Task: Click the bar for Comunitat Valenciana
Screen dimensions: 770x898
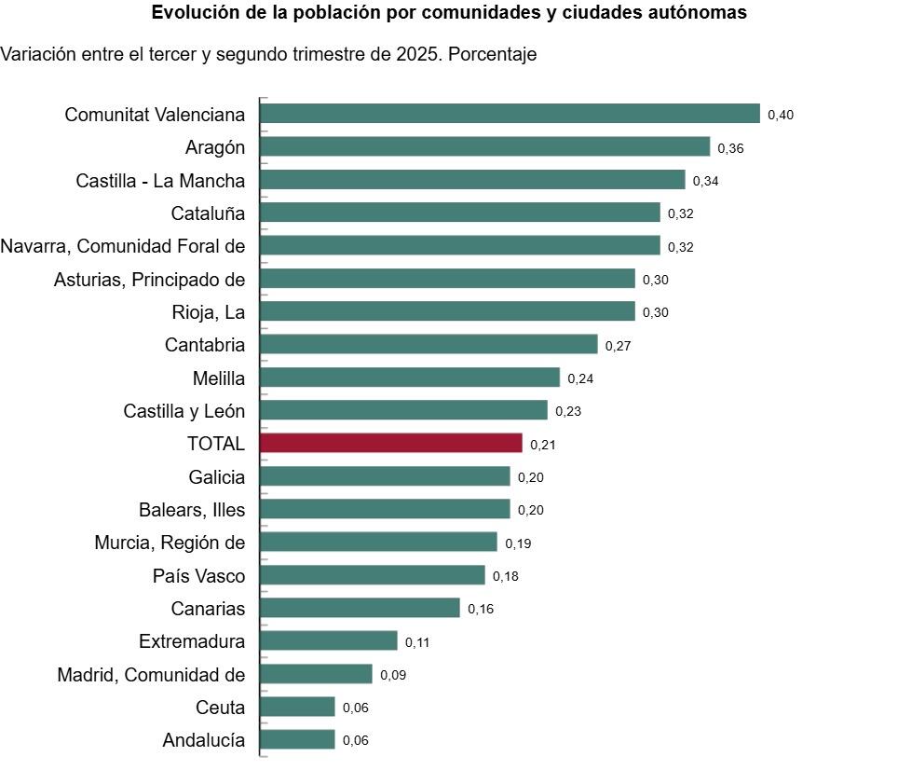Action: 510,114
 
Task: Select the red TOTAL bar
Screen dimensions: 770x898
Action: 390,444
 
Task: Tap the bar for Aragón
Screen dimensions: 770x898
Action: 484,147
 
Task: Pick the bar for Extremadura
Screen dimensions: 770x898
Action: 329,641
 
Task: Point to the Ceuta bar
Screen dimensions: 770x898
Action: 297,708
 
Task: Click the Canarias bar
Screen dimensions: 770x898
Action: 360,609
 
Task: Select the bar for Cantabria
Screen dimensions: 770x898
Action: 429,345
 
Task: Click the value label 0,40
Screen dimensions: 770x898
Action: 781,115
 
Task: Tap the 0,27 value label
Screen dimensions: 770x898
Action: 619,346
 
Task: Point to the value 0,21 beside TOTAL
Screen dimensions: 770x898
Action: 543,445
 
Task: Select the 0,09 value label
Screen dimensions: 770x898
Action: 393,675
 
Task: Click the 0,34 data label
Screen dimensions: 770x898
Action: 705,181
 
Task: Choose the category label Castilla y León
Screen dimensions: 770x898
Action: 184,411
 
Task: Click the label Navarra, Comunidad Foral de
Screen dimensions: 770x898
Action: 123,246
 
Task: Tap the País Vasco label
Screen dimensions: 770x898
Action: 198,576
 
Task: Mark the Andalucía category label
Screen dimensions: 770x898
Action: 204,741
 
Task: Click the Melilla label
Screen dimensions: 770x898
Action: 219,378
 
